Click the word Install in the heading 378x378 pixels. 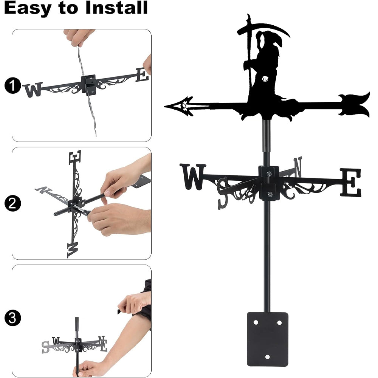coord(116,8)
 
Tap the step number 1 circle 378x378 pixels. coord(12,85)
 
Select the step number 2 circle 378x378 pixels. coord(12,203)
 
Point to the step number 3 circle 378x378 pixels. coord(12,318)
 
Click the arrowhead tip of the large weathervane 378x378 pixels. coord(165,106)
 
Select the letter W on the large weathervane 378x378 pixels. coord(193,177)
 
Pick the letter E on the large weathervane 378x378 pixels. coord(351,182)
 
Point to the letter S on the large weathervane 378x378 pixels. coord(223,193)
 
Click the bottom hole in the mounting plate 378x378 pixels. coord(267,357)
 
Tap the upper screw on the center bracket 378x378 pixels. coord(269,174)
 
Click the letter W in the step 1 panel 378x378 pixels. coord(33,90)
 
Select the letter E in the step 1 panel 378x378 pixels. coord(142,75)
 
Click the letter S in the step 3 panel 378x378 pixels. coord(45,347)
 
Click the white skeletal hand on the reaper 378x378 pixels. coord(265,79)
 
